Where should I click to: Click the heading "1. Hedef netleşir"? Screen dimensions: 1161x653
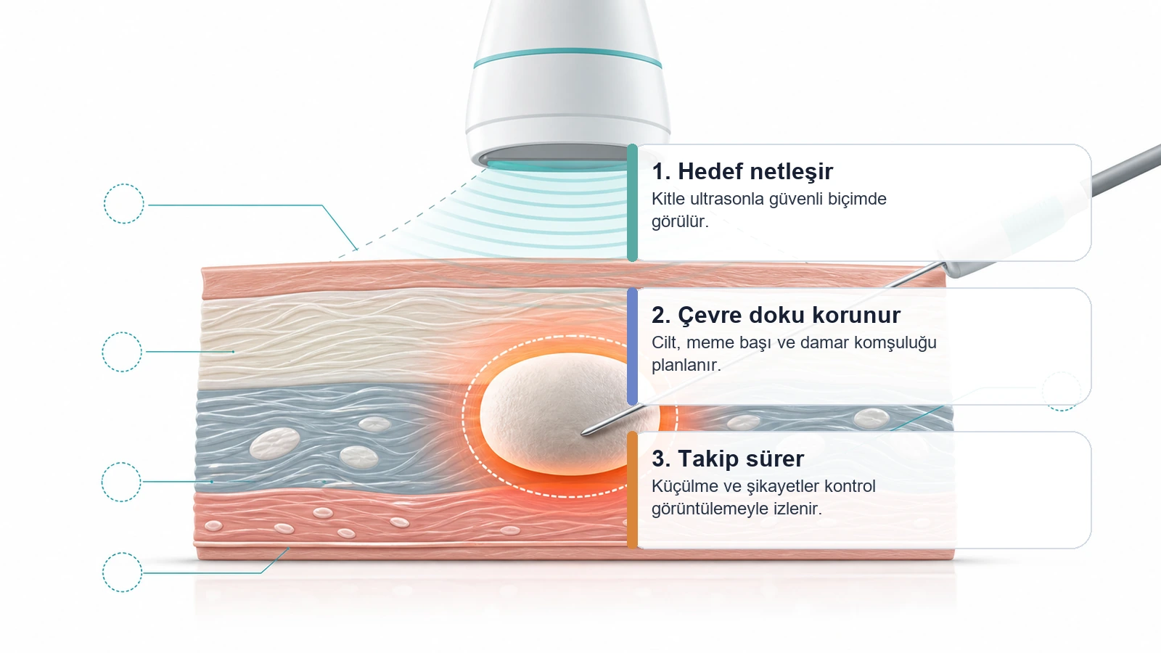coord(742,171)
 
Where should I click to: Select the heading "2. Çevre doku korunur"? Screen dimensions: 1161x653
coord(776,315)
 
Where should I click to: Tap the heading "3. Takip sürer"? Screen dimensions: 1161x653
coord(728,459)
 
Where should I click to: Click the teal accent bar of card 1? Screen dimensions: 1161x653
coord(632,202)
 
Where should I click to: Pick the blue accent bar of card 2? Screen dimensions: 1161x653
coord(632,346)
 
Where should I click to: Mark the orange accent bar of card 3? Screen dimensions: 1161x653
coord(632,490)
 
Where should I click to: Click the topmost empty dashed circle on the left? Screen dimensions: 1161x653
coord(123,184)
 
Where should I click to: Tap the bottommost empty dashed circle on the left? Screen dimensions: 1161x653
coord(123,553)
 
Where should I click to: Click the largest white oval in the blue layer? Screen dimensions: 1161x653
coord(275,443)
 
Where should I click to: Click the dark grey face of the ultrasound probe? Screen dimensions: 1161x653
coord(552,153)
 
